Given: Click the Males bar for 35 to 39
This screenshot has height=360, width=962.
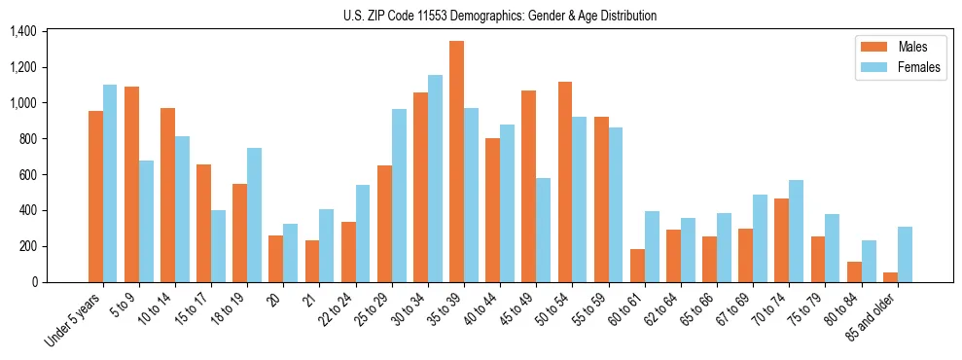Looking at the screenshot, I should pyautogui.click(x=456, y=162).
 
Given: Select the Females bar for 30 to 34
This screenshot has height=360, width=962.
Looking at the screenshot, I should pyautogui.click(x=435, y=179).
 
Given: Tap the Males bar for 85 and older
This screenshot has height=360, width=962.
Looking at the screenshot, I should pyautogui.click(x=890, y=277).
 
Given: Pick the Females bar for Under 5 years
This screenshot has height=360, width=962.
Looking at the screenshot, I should pyautogui.click(x=110, y=184).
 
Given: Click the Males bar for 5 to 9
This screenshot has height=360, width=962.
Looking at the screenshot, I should pyautogui.click(x=131, y=185).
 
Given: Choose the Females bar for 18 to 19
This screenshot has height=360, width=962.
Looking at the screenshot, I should pyautogui.click(x=254, y=215).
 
